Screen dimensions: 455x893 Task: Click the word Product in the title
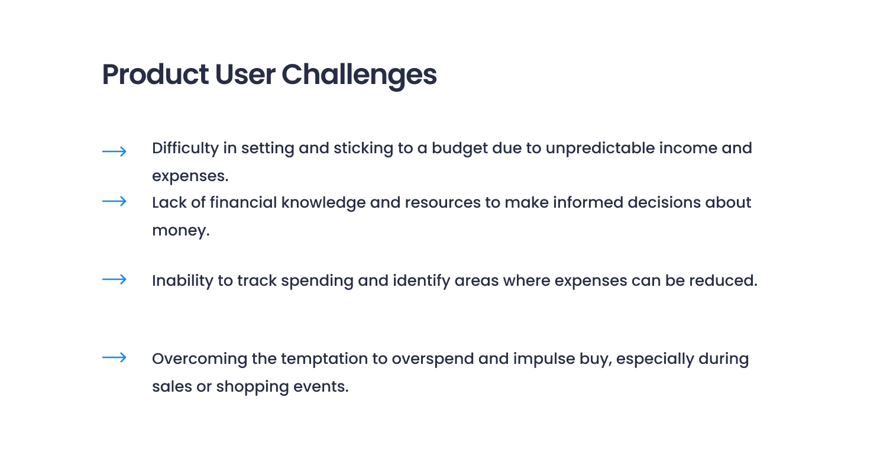(x=156, y=75)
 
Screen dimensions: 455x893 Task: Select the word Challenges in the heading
(x=358, y=75)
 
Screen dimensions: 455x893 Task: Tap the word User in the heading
(x=244, y=75)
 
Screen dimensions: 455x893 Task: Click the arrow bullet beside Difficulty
(x=114, y=151)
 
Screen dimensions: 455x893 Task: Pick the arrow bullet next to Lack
(x=114, y=202)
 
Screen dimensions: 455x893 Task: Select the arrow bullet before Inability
(x=114, y=279)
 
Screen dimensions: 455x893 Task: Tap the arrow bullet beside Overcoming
(x=114, y=357)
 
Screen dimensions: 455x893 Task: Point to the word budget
(x=460, y=148)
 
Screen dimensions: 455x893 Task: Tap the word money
(x=180, y=231)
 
